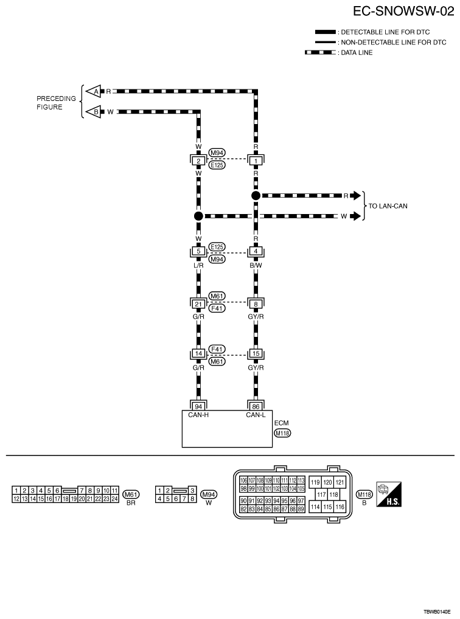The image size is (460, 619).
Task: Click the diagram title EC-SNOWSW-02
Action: click(x=403, y=12)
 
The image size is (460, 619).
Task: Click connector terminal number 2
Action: click(x=198, y=161)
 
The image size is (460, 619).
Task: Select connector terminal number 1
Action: click(x=256, y=161)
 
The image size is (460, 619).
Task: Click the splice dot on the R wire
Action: click(x=256, y=196)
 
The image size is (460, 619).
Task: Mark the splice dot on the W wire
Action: click(x=198, y=216)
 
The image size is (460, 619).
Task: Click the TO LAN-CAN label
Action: click(x=388, y=206)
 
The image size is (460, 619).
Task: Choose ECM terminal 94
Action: click(x=198, y=406)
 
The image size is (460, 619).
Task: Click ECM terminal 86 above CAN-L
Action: click(x=256, y=406)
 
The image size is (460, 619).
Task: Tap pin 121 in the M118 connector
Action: click(x=340, y=482)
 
